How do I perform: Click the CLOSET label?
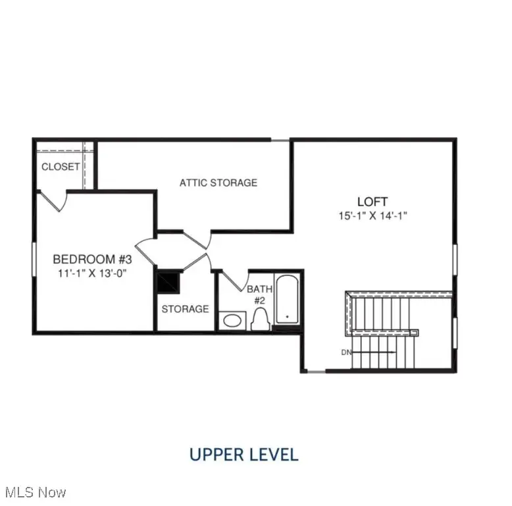click(x=61, y=167)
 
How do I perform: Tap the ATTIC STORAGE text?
click(x=218, y=183)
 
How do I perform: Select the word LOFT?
click(x=372, y=202)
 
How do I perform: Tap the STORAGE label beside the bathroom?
click(x=185, y=309)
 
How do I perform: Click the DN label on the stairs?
click(x=346, y=352)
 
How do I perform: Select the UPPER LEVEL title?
click(x=243, y=454)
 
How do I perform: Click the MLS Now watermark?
click(x=34, y=492)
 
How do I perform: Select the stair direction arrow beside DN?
click(x=375, y=352)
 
